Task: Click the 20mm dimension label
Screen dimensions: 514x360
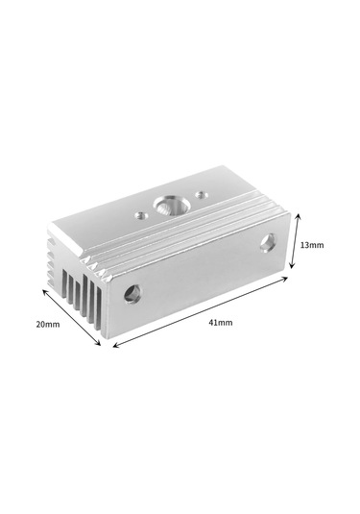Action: tap(48, 325)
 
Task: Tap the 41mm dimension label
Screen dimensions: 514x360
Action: tap(220, 322)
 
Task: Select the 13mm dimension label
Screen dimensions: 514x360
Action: tap(312, 245)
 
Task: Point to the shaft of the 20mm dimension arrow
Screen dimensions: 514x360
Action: tap(71, 315)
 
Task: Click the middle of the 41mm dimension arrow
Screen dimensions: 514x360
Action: tap(201, 312)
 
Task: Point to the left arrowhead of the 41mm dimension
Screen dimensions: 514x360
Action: tap(117, 346)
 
